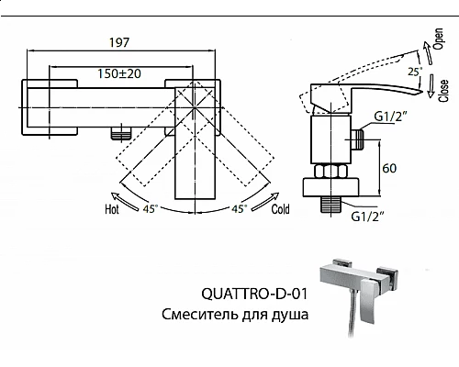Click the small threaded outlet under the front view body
116,134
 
